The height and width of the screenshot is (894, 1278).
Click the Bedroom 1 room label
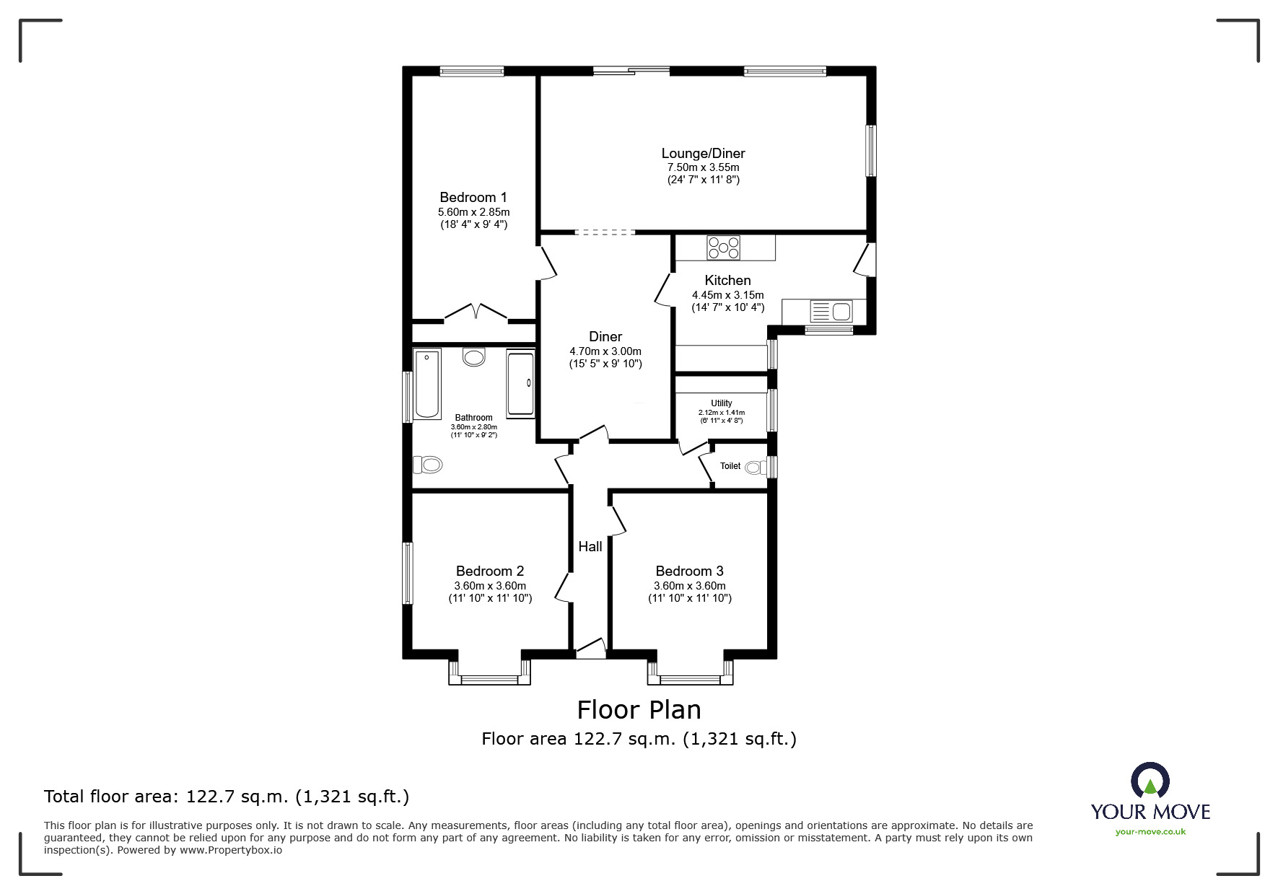pyautogui.click(x=473, y=197)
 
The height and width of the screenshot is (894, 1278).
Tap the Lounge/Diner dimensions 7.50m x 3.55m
pyautogui.click(x=703, y=167)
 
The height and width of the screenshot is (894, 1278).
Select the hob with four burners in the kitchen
pyautogui.click(x=723, y=247)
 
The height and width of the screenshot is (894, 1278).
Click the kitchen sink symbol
pyautogui.click(x=832, y=312)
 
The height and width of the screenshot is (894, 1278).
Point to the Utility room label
pyautogui.click(x=721, y=403)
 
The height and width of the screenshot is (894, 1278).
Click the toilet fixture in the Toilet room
pyautogui.click(x=756, y=468)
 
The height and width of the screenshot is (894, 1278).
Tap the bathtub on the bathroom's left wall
pyautogui.click(x=427, y=385)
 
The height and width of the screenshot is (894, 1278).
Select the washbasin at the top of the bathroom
pyautogui.click(x=474, y=356)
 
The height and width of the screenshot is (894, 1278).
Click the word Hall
pyautogui.click(x=590, y=546)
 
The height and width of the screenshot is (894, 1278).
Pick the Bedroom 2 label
pyautogui.click(x=489, y=571)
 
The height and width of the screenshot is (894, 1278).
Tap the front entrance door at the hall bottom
pyautogui.click(x=591, y=650)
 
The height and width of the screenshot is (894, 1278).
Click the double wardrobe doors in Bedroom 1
pyautogui.click(x=476, y=312)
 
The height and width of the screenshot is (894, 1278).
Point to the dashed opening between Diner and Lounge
pyautogui.click(x=605, y=232)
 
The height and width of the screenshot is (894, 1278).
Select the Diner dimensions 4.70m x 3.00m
pyautogui.click(x=605, y=351)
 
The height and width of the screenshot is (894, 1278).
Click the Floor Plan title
pyautogui.click(x=639, y=710)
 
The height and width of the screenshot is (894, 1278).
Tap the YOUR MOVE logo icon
pyautogui.click(x=1150, y=781)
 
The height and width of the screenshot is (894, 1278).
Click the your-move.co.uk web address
pyautogui.click(x=1150, y=832)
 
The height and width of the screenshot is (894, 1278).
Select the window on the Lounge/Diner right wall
pyautogui.click(x=871, y=151)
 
